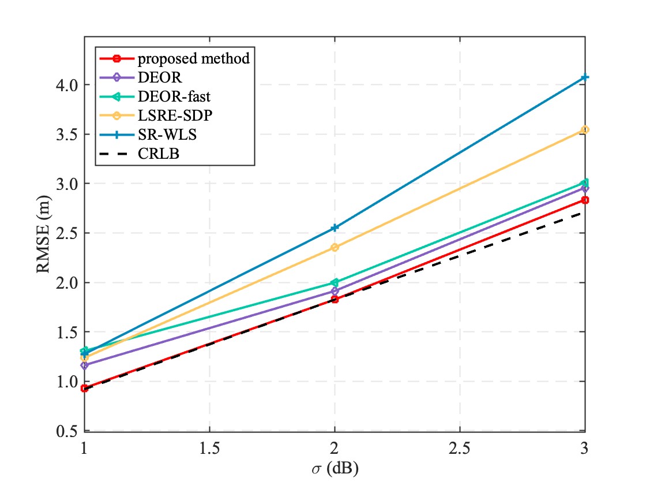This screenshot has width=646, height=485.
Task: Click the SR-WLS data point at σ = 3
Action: point(585,77)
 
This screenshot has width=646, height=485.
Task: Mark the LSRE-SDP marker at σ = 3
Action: point(585,130)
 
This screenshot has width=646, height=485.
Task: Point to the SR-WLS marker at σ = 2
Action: point(335,227)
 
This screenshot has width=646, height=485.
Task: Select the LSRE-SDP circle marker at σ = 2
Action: point(335,247)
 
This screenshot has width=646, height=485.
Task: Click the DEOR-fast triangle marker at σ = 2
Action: point(335,282)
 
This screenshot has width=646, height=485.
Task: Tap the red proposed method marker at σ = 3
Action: point(585,200)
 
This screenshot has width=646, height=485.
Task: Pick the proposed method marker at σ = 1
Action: point(84,388)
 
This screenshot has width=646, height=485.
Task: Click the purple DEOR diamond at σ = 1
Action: point(84,365)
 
